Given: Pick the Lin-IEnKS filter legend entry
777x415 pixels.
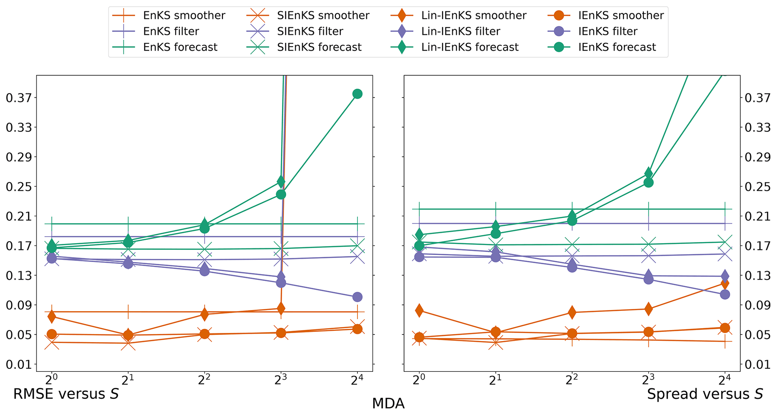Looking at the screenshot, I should pos(460,31).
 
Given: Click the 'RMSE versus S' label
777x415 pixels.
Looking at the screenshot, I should pos(66,394).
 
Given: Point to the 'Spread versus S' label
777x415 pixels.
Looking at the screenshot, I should pos(705,394).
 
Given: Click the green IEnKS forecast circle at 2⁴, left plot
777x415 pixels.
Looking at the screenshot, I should pos(357,94).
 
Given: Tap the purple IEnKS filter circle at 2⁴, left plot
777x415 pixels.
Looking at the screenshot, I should pos(357,297).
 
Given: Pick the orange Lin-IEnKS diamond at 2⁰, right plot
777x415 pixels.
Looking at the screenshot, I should pos(419,310).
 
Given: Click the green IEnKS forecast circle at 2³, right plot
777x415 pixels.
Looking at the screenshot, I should pos(648,183).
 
